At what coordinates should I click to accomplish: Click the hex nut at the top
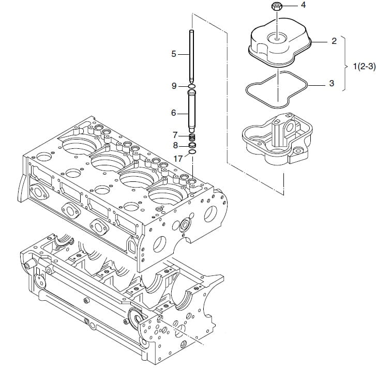[x=277, y=6]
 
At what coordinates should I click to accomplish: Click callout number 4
[x=304, y=5]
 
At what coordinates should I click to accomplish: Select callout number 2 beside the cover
[x=334, y=41]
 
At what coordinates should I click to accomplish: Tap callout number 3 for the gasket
[x=332, y=83]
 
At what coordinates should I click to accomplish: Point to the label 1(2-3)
[x=364, y=66]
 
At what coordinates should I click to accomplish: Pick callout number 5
[x=174, y=54]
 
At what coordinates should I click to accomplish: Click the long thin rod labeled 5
[x=192, y=56]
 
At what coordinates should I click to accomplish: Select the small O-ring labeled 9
[x=192, y=86]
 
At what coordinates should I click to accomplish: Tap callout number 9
[x=174, y=86]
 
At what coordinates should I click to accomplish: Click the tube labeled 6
[x=191, y=111]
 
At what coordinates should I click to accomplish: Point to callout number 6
[x=174, y=113]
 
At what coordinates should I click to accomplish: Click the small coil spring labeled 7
[x=192, y=137]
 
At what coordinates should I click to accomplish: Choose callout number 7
[x=175, y=135]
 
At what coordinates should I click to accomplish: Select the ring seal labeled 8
[x=192, y=145]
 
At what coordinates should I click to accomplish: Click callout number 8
[x=175, y=145]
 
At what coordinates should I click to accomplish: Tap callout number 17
[x=178, y=159]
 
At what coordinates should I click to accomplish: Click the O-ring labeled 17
[x=192, y=152]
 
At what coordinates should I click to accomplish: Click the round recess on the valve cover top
[x=277, y=38]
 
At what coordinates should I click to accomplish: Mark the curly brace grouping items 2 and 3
[x=345, y=64]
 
